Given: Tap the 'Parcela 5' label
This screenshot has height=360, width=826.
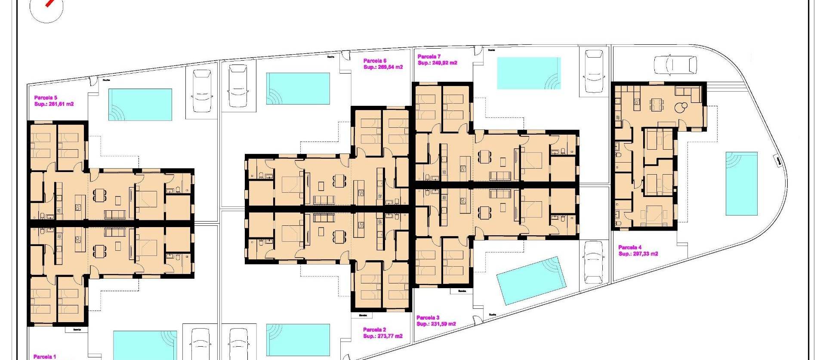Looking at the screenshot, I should pos(46,98).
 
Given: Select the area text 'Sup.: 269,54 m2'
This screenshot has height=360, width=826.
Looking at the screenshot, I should pos(383,67).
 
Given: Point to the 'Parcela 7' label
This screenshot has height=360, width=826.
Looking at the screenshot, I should pos(429,57).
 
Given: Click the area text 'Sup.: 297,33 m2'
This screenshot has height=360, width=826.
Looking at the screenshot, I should pos(638,254).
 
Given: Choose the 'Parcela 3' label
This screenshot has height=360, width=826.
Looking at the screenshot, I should pos(428,318).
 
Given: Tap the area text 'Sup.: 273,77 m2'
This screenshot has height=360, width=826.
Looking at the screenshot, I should pos(382,336).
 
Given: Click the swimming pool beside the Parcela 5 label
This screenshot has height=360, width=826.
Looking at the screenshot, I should pos(140,105).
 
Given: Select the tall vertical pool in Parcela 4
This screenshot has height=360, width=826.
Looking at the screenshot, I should pos(741,183).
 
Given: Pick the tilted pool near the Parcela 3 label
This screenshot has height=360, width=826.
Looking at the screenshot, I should pos(531,280).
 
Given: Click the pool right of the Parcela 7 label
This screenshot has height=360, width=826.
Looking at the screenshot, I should pos(529,73).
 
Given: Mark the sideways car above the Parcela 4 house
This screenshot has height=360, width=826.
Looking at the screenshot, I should pos(675,65).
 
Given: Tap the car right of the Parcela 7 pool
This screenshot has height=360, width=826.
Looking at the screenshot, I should pos(594,71).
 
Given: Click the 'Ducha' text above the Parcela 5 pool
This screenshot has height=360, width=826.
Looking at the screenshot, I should pos(106,80).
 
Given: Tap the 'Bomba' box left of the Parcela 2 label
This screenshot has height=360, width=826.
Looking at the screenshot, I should pos(363,315).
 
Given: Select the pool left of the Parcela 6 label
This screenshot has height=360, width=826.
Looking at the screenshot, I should pos(298,88).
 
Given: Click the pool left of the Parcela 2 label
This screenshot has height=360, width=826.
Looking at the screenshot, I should pos(298,339).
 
